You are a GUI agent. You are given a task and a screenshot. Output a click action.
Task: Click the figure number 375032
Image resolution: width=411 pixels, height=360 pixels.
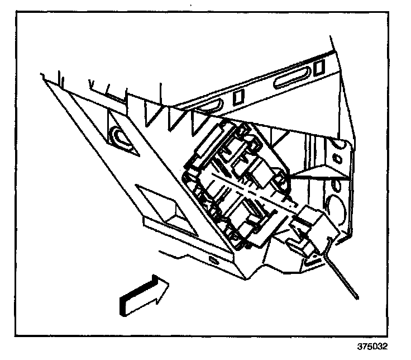(372, 346)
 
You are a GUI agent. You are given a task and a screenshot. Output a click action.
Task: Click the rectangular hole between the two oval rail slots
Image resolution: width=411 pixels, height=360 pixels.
(238, 96)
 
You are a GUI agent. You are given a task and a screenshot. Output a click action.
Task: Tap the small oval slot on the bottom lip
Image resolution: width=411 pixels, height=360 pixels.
(214, 260)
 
